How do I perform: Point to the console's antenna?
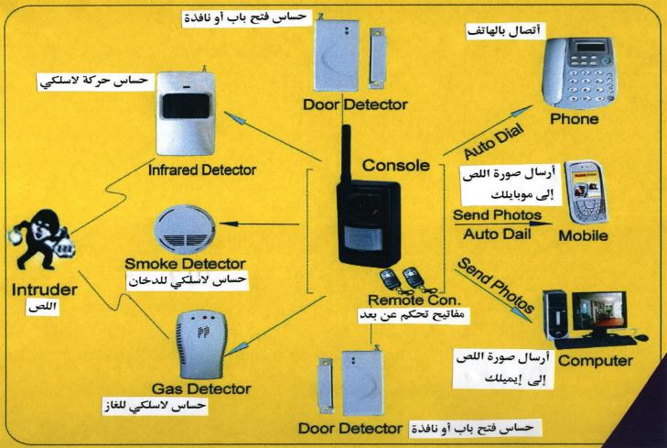pyautogui.click(x=348, y=151)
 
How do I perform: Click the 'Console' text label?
pyautogui.click(x=395, y=166)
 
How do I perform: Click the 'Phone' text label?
pyautogui.click(x=575, y=119)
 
